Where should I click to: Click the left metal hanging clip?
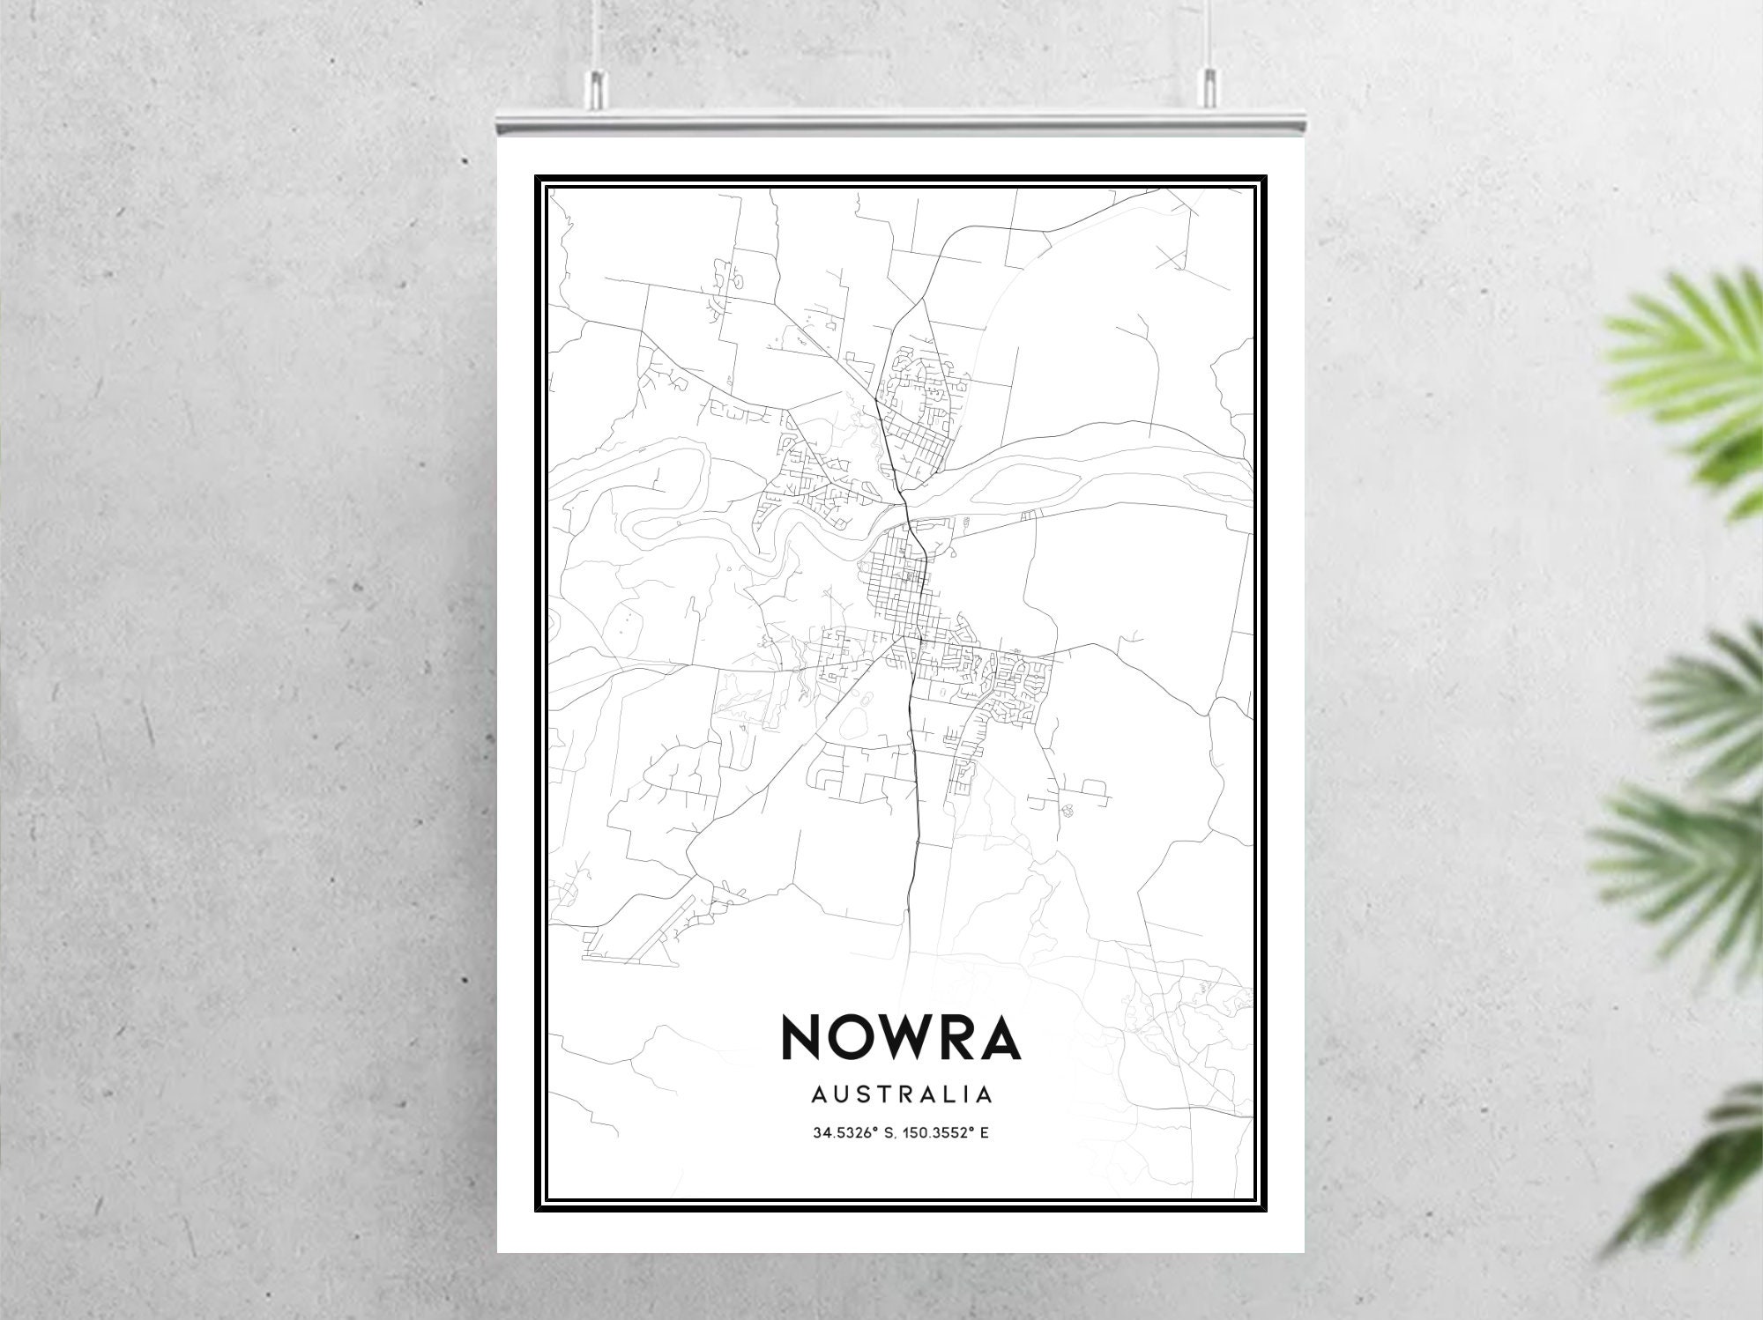coord(597,85)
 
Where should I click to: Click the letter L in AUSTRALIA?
coord(956,1095)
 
